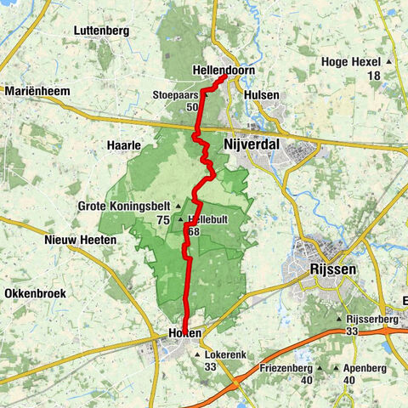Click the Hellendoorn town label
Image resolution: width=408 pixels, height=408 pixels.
click(224, 71)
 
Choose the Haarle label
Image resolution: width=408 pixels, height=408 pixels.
click(124, 145)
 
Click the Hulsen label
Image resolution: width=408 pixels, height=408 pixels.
click(262, 96)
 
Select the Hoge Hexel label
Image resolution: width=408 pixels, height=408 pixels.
click(351, 61)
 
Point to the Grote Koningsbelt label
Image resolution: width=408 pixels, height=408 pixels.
click(123, 206)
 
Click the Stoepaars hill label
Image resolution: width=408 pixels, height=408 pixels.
click(176, 95)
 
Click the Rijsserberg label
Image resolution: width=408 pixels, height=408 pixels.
click(373, 320)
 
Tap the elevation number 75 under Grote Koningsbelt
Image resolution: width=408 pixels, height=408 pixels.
click(162, 219)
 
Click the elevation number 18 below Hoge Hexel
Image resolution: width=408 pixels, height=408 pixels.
click(374, 76)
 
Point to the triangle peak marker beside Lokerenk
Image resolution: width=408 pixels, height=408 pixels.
click(198, 355)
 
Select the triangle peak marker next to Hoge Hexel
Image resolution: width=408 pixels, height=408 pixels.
click(389, 62)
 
